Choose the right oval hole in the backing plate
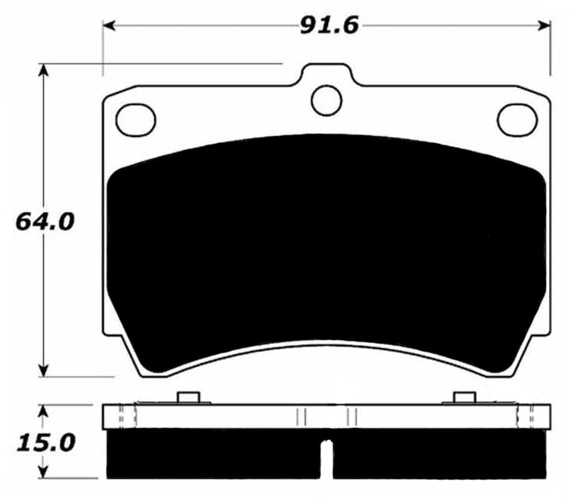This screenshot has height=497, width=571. point(516,117)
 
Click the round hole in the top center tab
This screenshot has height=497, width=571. point(327,99)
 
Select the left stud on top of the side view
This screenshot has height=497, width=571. point(187,397)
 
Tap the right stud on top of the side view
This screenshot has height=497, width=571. point(464,397)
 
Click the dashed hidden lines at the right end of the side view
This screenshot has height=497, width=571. point(525,416)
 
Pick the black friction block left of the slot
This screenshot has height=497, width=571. point(213,454)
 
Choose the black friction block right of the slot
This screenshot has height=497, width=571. point(440,454)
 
